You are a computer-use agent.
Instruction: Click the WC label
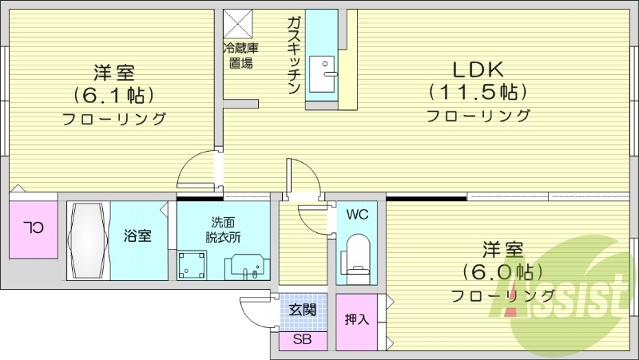357,214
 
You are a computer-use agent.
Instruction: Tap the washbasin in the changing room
245,266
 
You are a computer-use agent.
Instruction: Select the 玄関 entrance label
302,310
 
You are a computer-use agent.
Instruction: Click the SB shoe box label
302,340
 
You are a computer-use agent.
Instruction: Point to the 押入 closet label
356,321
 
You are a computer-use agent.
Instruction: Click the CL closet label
33,227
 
